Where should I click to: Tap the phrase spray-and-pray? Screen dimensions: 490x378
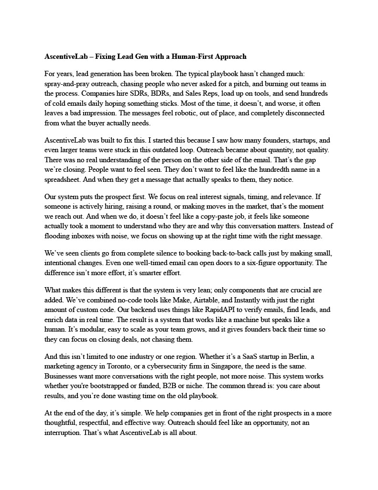(x=65, y=83)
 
